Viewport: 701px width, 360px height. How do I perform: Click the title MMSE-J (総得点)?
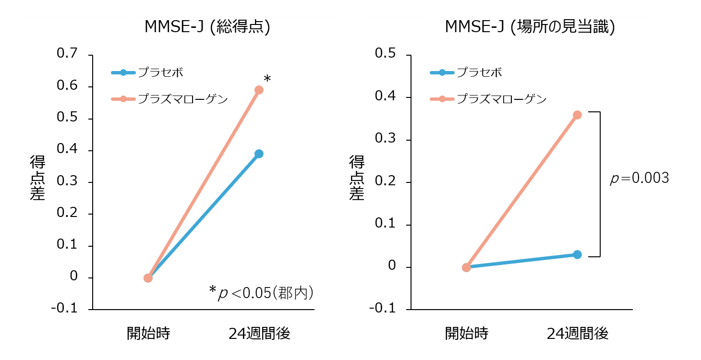click(207, 27)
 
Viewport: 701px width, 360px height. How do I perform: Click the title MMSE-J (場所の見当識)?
click(530, 27)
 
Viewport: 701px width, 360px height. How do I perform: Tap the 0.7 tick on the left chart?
click(67, 54)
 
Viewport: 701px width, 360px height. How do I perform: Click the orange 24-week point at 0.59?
click(259, 90)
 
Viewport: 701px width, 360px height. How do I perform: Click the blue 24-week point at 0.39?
click(259, 154)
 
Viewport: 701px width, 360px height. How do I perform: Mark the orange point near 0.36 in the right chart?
click(577, 115)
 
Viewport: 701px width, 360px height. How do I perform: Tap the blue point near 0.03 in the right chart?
click(577, 254)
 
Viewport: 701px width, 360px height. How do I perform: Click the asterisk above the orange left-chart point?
click(267, 78)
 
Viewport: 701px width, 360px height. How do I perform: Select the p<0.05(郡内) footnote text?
click(262, 293)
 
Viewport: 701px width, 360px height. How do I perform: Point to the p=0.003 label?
click(639, 179)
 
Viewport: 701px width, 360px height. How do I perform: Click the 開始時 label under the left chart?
click(148, 333)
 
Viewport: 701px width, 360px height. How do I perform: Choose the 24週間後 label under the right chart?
click(578, 333)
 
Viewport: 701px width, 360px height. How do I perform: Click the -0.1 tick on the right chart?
click(383, 308)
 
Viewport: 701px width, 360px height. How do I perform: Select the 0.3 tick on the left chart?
click(67, 182)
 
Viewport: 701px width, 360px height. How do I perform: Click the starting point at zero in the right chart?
click(466, 267)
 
